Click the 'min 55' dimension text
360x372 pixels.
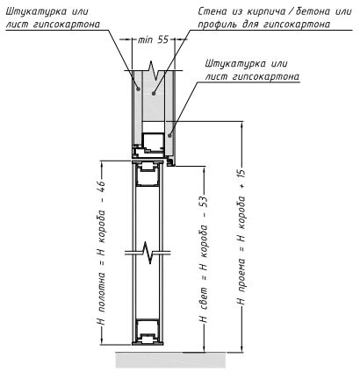click(153, 39)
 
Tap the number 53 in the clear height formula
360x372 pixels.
click(204, 203)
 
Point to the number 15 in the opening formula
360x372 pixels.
click(241, 175)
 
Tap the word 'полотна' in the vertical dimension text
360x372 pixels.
click(101, 290)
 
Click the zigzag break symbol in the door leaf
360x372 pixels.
click(148, 253)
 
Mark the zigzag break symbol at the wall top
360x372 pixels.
click(154, 70)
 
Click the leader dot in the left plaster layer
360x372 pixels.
click(138, 89)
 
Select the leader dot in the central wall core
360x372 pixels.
click(153, 93)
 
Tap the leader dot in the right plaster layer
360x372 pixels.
click(169, 135)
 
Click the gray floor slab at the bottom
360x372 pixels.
click(171, 361)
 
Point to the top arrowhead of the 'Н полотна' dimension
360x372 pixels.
click(102, 164)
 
